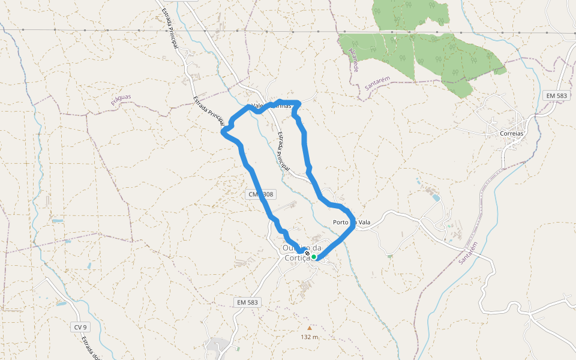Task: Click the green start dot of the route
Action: point(314,257)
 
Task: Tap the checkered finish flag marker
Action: point(307,254)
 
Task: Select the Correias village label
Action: point(511,134)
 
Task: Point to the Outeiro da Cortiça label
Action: point(302,253)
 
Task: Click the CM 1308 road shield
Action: point(260,194)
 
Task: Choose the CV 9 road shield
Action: point(80,327)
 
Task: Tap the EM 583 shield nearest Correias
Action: point(556,95)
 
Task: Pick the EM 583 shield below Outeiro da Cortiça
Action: point(247,303)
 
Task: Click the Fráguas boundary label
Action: point(121,100)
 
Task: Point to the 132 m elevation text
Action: point(310,337)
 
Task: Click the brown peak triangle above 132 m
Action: point(310,328)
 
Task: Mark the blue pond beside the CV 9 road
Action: point(61,304)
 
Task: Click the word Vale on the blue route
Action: point(258,106)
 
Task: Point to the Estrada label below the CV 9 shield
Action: point(91,347)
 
